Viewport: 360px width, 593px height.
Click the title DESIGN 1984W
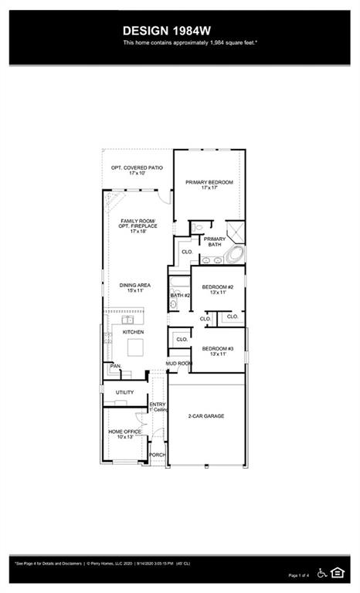pos(167,30)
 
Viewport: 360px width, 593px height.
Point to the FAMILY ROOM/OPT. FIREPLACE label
pos(138,225)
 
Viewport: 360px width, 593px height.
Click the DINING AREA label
pos(134,287)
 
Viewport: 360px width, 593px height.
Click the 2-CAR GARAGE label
pos(206,416)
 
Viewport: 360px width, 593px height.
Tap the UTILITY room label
pos(124,392)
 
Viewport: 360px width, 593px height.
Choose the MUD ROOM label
pos(178,363)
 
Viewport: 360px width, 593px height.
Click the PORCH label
pos(157,456)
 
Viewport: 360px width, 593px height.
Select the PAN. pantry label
pos(116,366)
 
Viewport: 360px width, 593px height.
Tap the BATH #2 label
pos(180,295)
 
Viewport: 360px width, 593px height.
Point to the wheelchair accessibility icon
pos(321,572)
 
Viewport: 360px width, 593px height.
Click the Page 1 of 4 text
pos(298,575)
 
